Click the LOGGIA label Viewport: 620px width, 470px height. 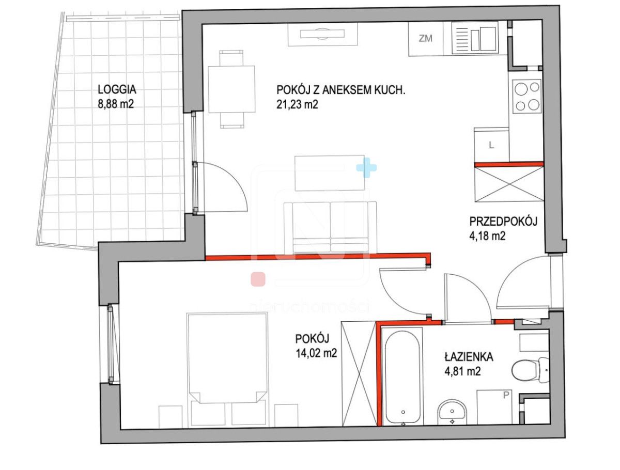pyautogui.click(x=117, y=89)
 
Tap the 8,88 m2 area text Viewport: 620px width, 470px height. pyautogui.click(x=116, y=104)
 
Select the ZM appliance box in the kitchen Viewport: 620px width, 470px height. pyautogui.click(x=426, y=39)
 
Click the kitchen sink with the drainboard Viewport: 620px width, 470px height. pyautogui.click(x=474, y=39)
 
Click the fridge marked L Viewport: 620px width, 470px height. pyautogui.click(x=492, y=145)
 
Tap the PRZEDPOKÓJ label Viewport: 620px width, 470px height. pyautogui.click(x=503, y=222)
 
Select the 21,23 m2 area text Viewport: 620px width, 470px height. pyautogui.click(x=297, y=105)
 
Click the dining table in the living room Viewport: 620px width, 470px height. pyautogui.click(x=231, y=89)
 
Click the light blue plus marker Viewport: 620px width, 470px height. pyautogui.click(x=366, y=168)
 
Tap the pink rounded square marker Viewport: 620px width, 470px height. pyautogui.click(x=258, y=279)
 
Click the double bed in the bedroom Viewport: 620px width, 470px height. pyautogui.click(x=227, y=357)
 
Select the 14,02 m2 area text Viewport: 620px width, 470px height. pyautogui.click(x=316, y=353)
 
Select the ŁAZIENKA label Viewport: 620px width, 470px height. pyautogui.click(x=469, y=357)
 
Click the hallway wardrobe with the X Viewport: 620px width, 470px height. pyautogui.click(x=509, y=184)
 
